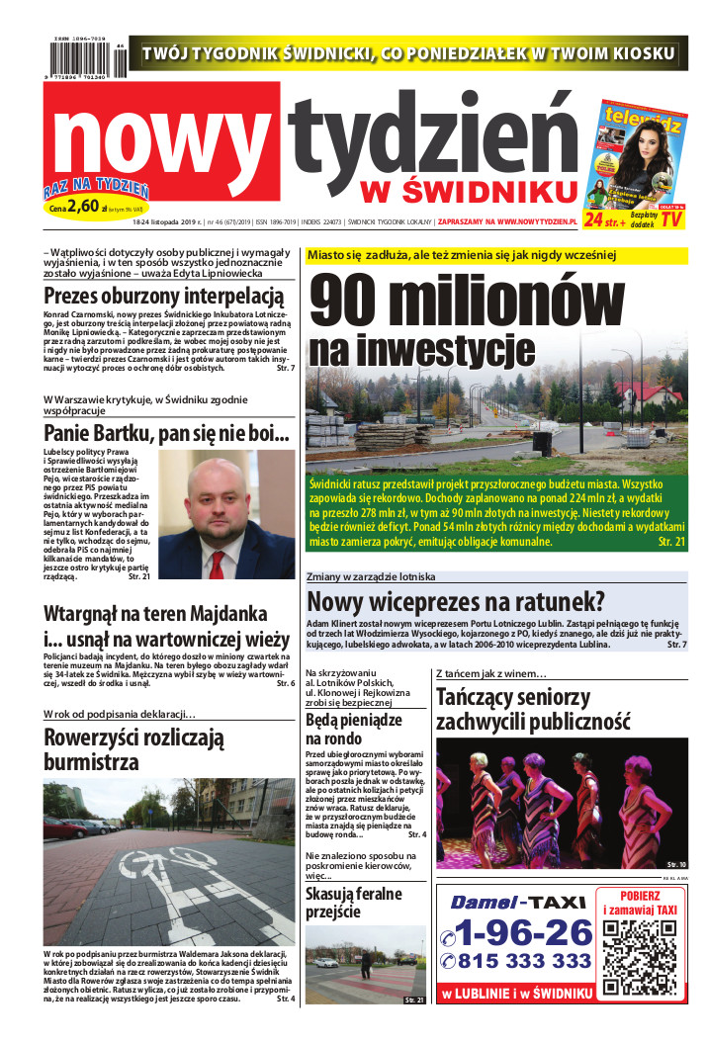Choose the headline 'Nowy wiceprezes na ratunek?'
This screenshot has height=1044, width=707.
[x=455, y=601]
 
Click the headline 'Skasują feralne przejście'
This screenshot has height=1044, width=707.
[x=353, y=903]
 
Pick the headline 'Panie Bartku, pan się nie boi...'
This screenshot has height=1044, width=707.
[x=166, y=433]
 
